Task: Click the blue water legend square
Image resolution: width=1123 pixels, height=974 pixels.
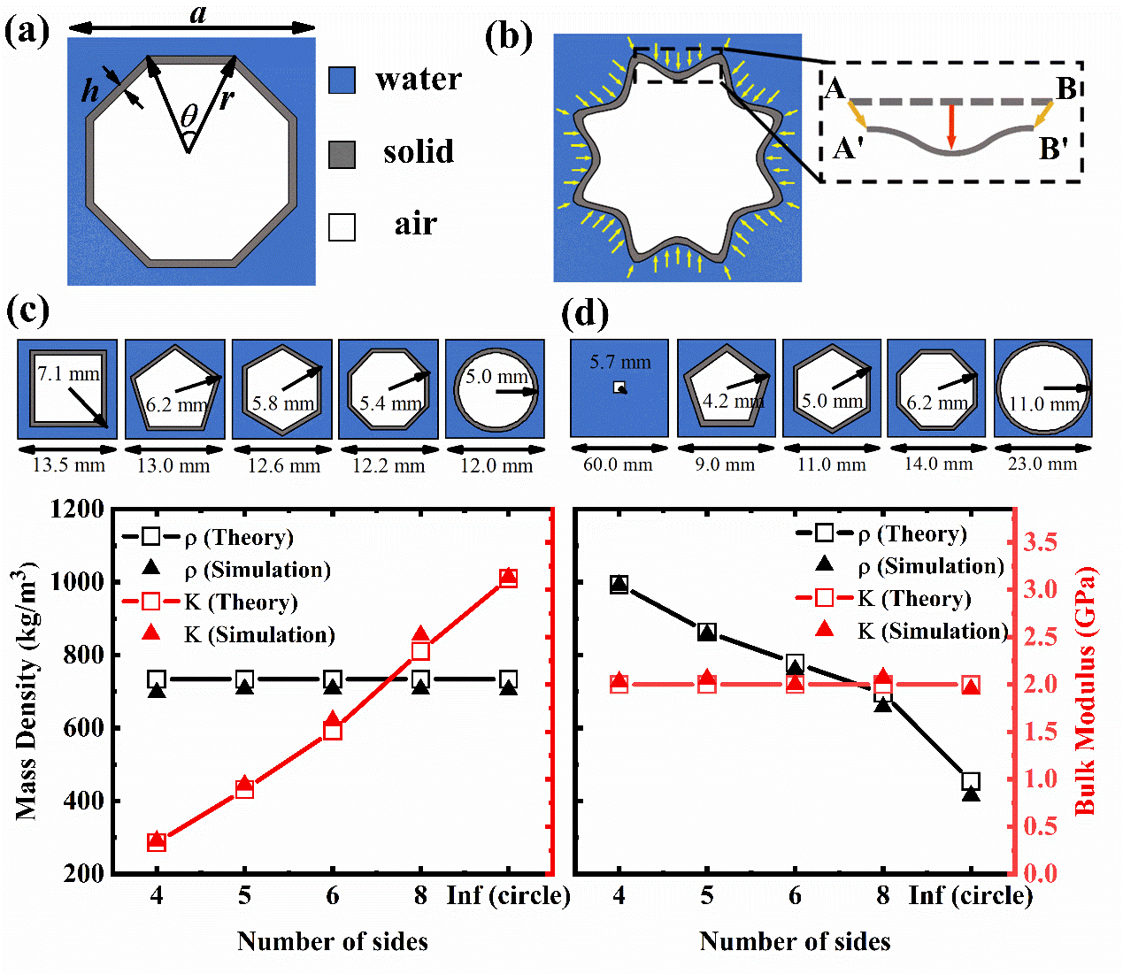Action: point(342,81)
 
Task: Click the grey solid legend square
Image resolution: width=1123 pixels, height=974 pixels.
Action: point(342,154)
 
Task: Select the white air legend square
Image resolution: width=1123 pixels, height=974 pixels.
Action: point(342,227)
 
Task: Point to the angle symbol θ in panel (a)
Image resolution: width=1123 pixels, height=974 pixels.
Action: point(189,116)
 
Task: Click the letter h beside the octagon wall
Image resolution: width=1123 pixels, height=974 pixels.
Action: point(90,89)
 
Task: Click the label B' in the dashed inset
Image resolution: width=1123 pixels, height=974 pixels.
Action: point(1053,149)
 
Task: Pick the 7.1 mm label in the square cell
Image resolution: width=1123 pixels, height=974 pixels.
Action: point(68,374)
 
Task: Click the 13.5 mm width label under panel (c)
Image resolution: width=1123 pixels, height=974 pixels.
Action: point(68,465)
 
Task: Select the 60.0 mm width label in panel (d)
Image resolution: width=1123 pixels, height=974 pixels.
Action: point(618,464)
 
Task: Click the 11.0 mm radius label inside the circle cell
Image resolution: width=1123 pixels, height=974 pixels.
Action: point(1044,404)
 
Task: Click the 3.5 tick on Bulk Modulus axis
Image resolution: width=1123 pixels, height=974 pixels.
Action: point(1040,542)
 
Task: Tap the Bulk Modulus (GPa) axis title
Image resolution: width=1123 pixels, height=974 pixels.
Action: point(1085,691)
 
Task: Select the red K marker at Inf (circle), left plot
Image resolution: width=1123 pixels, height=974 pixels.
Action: point(508,578)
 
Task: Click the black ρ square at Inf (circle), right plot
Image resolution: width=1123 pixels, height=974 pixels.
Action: point(971,782)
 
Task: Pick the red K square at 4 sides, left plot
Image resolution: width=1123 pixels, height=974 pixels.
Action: point(157,842)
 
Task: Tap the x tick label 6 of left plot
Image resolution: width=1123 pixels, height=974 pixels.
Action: point(333,896)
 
